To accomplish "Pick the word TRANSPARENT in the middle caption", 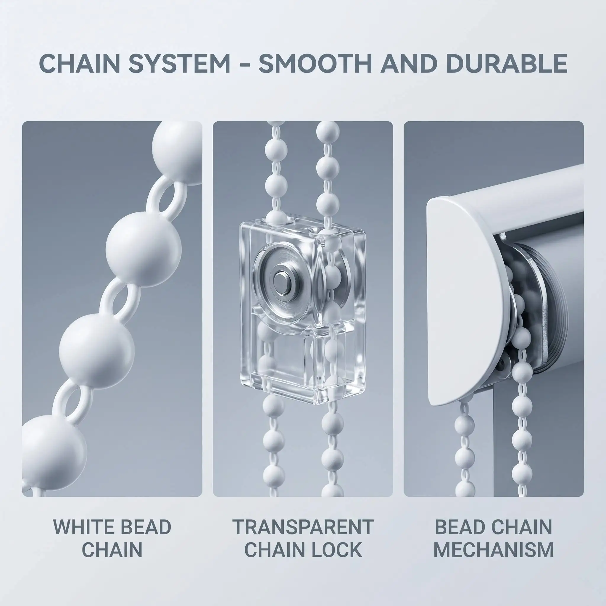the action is click(303, 527).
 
